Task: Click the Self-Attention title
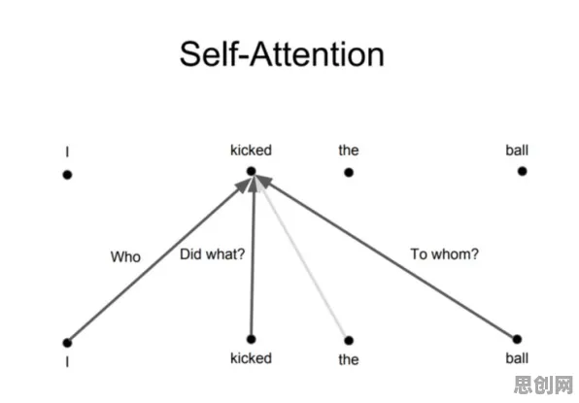coord(282,54)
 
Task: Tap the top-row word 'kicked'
coord(251,151)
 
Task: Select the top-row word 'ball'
coord(517,151)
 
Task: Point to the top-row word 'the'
coord(349,151)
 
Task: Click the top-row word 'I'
coord(67,151)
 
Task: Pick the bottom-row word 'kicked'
coord(251,358)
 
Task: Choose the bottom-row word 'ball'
coord(517,358)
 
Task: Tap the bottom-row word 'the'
coord(349,359)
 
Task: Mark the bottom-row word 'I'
coord(67,362)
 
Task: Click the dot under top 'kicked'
coord(251,171)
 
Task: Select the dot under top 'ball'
coord(522,171)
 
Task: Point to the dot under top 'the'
coord(349,172)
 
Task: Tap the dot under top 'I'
coord(67,175)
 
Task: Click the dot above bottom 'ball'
coord(517,339)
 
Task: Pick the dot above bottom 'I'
coord(67,343)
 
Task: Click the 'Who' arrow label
coord(125,257)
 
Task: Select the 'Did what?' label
coord(213,253)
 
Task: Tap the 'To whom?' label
coord(445,253)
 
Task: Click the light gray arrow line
coord(303,258)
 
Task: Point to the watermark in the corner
coord(543,386)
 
